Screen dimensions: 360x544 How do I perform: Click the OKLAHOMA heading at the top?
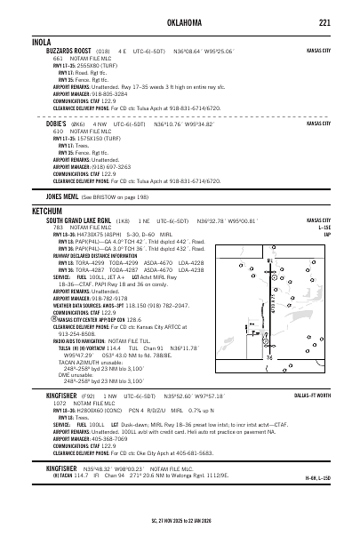click(x=180, y=23)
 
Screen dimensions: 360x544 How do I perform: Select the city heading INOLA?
click(x=42, y=42)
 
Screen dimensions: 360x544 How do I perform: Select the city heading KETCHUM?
click(x=47, y=211)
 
